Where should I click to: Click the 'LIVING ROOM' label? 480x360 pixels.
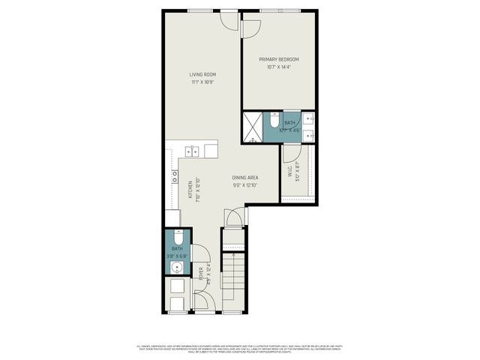(x=202, y=74)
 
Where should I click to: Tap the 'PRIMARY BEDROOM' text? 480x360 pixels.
(x=279, y=59)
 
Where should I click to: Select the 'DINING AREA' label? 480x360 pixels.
(x=244, y=178)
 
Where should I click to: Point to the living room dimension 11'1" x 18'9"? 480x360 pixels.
(x=202, y=82)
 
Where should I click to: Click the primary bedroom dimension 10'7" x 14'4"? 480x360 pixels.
(x=279, y=67)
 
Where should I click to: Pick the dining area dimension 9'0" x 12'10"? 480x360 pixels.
(x=244, y=185)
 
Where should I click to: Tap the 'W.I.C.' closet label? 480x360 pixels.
(x=289, y=172)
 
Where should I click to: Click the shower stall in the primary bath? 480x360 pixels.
(x=253, y=127)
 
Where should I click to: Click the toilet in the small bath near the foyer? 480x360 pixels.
(x=178, y=238)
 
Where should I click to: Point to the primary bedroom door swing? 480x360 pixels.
(x=250, y=28)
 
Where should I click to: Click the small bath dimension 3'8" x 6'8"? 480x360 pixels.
(x=178, y=256)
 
